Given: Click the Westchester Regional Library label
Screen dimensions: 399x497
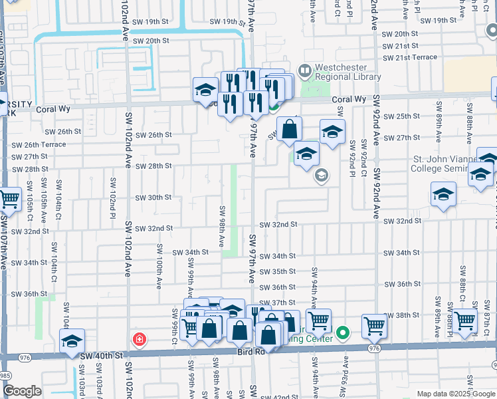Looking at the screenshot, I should point(347,72).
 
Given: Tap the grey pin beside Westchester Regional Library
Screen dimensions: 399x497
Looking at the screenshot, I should point(304,70).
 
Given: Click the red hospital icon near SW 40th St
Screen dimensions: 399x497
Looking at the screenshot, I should point(139,340).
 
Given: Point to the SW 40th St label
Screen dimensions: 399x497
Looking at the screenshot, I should point(102,356).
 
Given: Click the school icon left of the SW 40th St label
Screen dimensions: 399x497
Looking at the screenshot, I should point(72,341).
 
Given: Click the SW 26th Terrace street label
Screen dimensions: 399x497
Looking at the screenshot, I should point(45,144).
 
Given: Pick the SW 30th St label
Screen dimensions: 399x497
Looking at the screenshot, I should point(153,198).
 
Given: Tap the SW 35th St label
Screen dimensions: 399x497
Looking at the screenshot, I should point(277,271).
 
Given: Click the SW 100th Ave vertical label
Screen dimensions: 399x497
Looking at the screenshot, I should point(159,266).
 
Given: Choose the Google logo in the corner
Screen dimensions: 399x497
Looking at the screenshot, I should point(22,390).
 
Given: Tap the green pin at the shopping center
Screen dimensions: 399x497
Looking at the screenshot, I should point(342,332).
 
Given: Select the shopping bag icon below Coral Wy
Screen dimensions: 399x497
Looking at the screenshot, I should point(289,129).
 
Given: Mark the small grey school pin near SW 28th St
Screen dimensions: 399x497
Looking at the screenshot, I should point(322,176).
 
